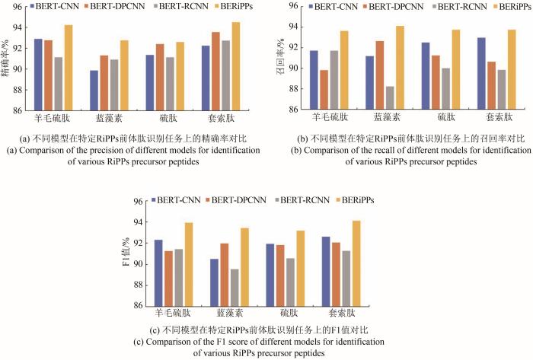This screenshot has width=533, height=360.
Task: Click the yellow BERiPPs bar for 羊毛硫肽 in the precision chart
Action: pos(68,68)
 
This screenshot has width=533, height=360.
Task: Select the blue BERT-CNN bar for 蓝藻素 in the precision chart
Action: pos(94,90)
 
